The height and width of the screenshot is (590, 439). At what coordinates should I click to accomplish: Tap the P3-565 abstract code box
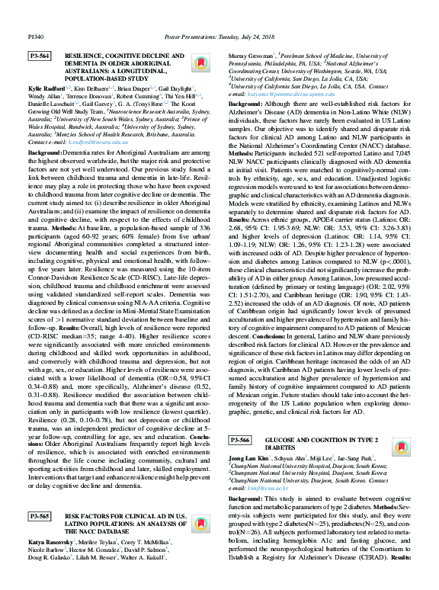40,516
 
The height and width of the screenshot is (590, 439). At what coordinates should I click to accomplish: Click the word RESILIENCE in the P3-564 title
86,56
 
